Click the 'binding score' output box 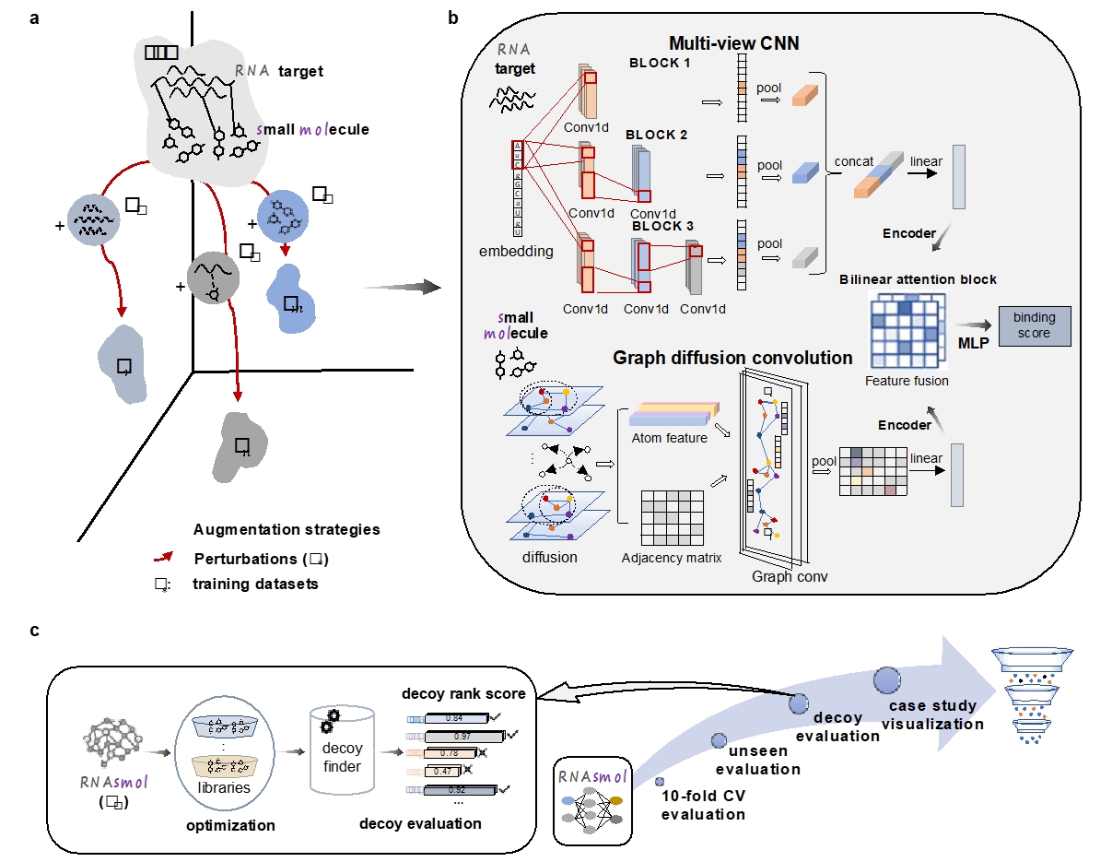1034,325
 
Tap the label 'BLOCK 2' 657,135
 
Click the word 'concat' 853,161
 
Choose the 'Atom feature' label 670,437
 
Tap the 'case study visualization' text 933,715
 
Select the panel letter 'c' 34,630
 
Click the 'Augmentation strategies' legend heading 287,529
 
